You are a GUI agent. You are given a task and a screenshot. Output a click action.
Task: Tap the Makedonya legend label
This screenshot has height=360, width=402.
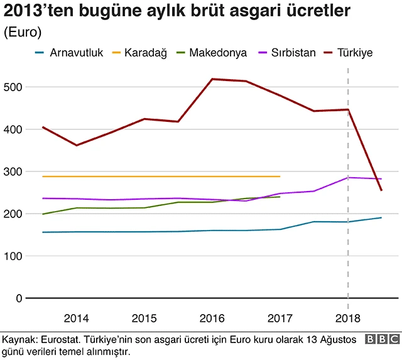click(x=217, y=53)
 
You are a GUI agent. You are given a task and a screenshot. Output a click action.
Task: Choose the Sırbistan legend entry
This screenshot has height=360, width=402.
click(x=293, y=53)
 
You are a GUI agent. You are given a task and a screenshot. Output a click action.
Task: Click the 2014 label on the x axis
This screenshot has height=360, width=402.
click(x=75, y=317)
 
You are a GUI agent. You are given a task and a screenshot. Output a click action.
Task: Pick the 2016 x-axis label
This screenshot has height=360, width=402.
click(x=212, y=317)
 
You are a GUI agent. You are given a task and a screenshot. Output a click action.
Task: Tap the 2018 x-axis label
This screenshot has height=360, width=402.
click(x=348, y=317)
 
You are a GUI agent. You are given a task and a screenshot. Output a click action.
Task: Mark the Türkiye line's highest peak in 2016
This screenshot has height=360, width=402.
click(x=212, y=79)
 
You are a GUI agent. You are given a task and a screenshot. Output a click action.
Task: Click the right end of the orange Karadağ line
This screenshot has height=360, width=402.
click(x=280, y=177)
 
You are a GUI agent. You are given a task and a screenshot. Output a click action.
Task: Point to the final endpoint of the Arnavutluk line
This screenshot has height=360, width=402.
click(x=381, y=218)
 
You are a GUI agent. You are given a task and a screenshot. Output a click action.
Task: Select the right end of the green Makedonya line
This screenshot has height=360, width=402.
click(x=280, y=197)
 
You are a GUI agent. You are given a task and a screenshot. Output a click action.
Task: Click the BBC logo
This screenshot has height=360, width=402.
click(x=382, y=340)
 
